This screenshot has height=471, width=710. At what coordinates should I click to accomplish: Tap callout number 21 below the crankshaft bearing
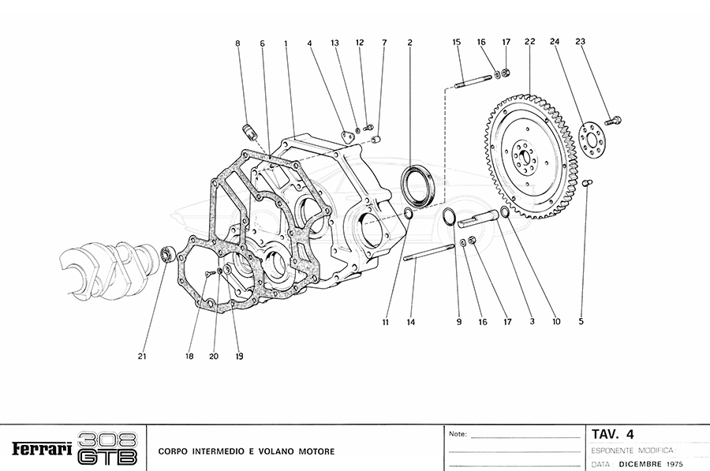(x=143, y=357)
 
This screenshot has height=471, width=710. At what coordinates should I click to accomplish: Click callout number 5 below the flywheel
(x=582, y=322)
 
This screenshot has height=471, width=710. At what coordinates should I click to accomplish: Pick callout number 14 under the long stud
(x=410, y=322)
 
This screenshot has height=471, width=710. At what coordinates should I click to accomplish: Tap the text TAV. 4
(x=613, y=433)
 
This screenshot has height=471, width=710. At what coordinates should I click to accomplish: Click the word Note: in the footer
(x=458, y=434)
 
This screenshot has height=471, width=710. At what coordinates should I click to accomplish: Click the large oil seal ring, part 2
(x=416, y=185)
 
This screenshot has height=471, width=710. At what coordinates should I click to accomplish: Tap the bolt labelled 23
(x=616, y=120)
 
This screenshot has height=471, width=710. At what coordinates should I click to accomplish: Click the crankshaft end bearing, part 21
(x=167, y=254)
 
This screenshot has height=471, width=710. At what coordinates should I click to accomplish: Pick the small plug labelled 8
(x=248, y=129)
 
